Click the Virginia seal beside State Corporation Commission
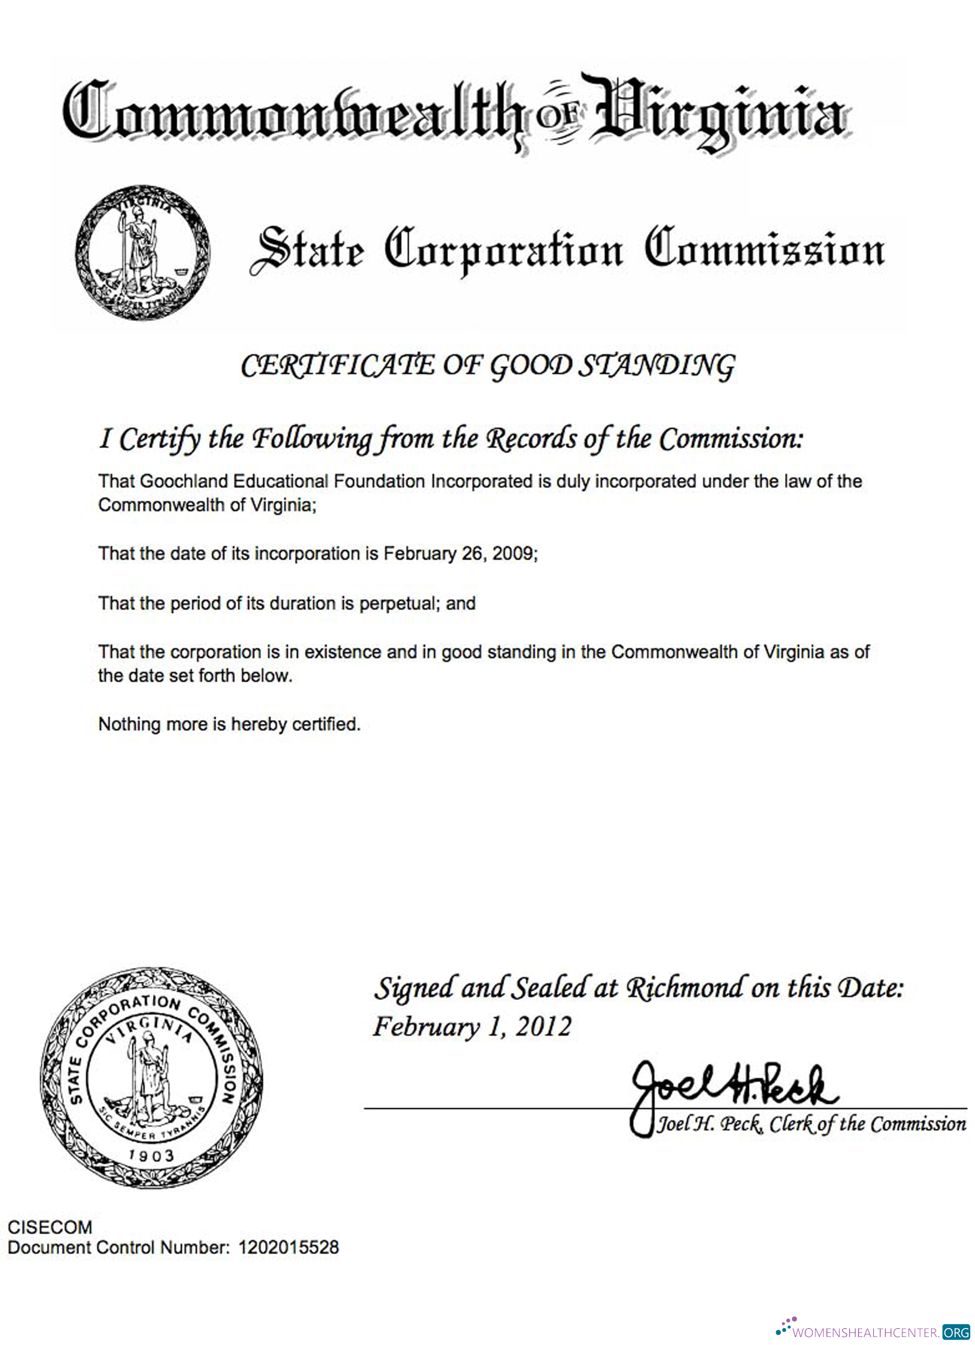[x=142, y=253]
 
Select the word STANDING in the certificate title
[x=656, y=366]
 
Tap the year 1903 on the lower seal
[x=152, y=1155]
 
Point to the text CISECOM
[x=50, y=1227]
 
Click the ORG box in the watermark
[x=957, y=1332]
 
